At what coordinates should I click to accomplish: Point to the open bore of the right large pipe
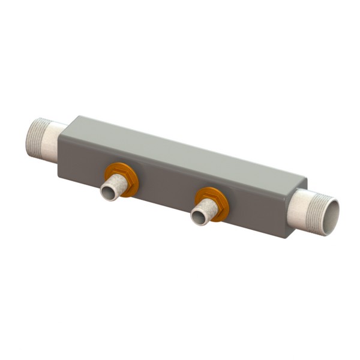coord(329,217)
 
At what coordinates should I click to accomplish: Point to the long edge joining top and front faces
coord(180,161)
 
